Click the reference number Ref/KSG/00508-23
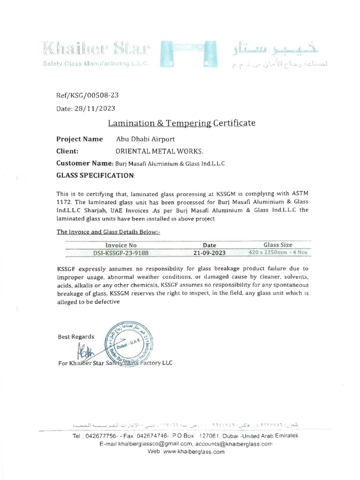click(x=87, y=95)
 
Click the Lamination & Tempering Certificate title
click(x=182, y=123)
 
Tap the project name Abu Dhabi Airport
click(x=145, y=139)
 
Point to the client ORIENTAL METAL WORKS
click(x=160, y=151)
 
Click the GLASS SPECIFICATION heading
click(x=96, y=175)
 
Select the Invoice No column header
click(x=121, y=245)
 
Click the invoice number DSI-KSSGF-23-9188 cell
click(x=121, y=253)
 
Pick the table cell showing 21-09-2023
click(x=209, y=253)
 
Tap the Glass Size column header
click(x=277, y=245)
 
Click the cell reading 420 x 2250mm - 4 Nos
click(x=277, y=253)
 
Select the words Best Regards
click(x=76, y=337)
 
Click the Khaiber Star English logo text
click(x=96, y=48)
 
